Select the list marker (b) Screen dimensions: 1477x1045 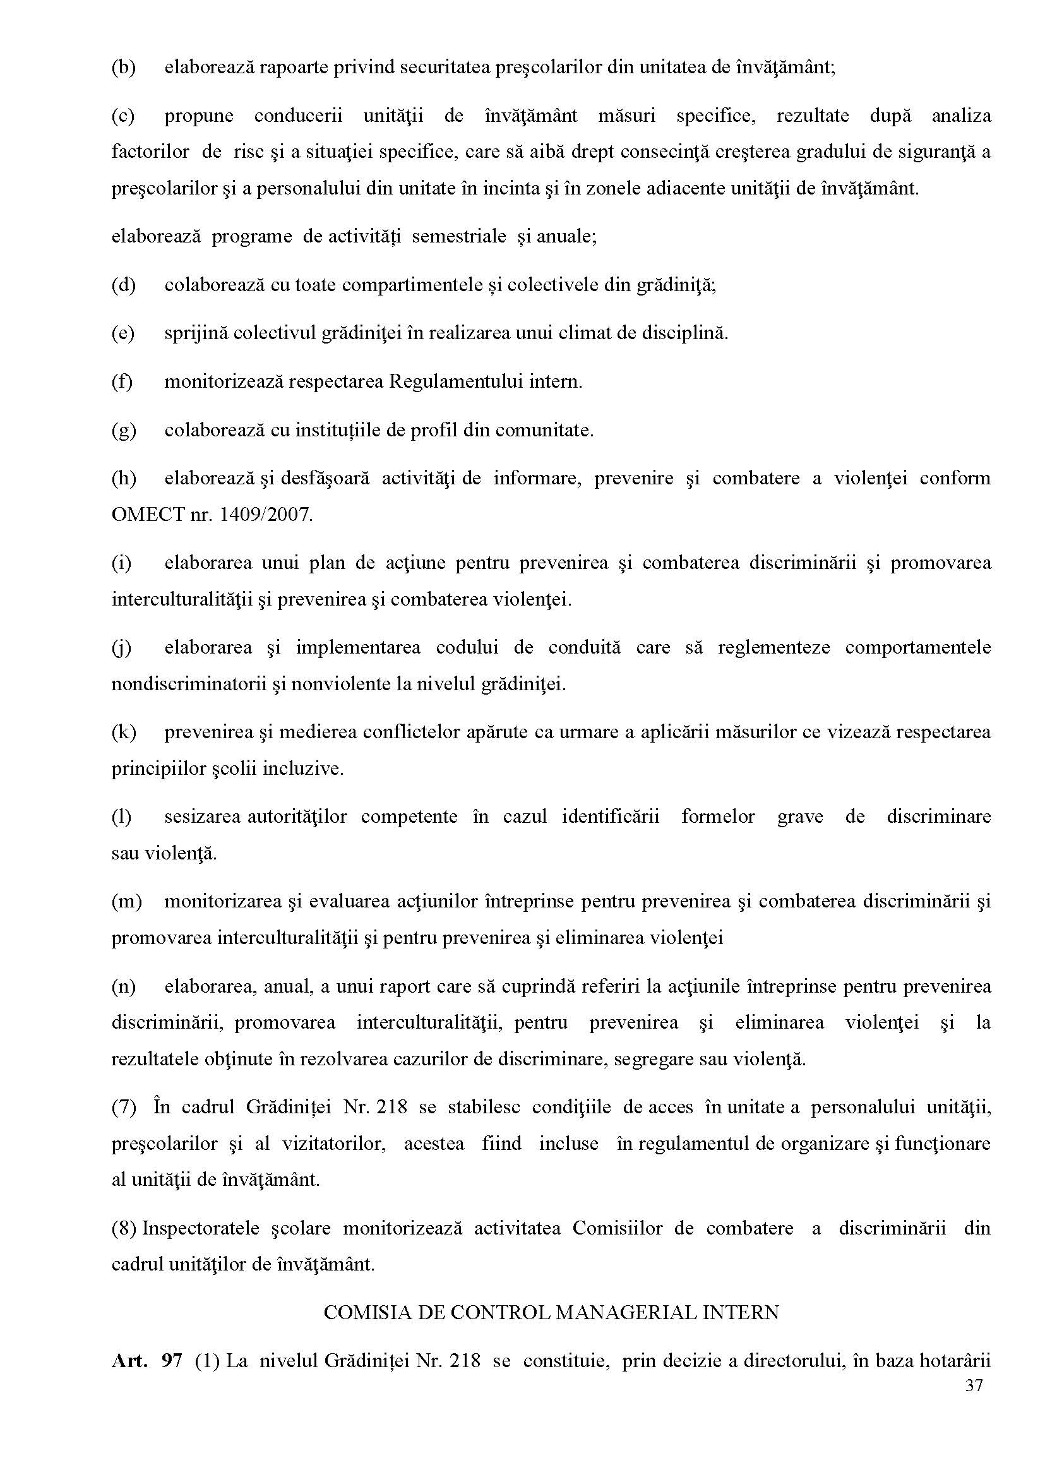124,68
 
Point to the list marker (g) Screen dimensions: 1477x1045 124,430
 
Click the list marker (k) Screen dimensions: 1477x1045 124,733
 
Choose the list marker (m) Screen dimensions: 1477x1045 126,901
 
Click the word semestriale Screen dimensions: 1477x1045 459,236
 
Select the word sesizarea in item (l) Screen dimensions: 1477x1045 202,816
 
